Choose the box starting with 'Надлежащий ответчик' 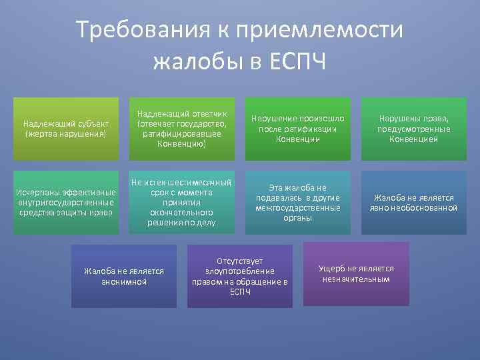(x=182, y=129)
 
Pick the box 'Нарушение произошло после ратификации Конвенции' (x=298, y=129)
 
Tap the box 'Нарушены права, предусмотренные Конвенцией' (x=413, y=129)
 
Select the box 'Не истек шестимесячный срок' (x=182, y=203)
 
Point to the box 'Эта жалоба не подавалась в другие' (x=298, y=203)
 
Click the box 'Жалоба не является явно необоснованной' (x=413, y=203)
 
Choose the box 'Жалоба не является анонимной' (x=124, y=276)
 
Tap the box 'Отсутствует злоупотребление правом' (x=240, y=276)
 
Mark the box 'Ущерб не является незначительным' (x=356, y=273)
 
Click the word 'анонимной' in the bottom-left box (x=124, y=282)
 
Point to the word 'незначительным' (x=356, y=279)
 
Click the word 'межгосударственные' (x=298, y=208)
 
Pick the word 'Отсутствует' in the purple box (x=240, y=261)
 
